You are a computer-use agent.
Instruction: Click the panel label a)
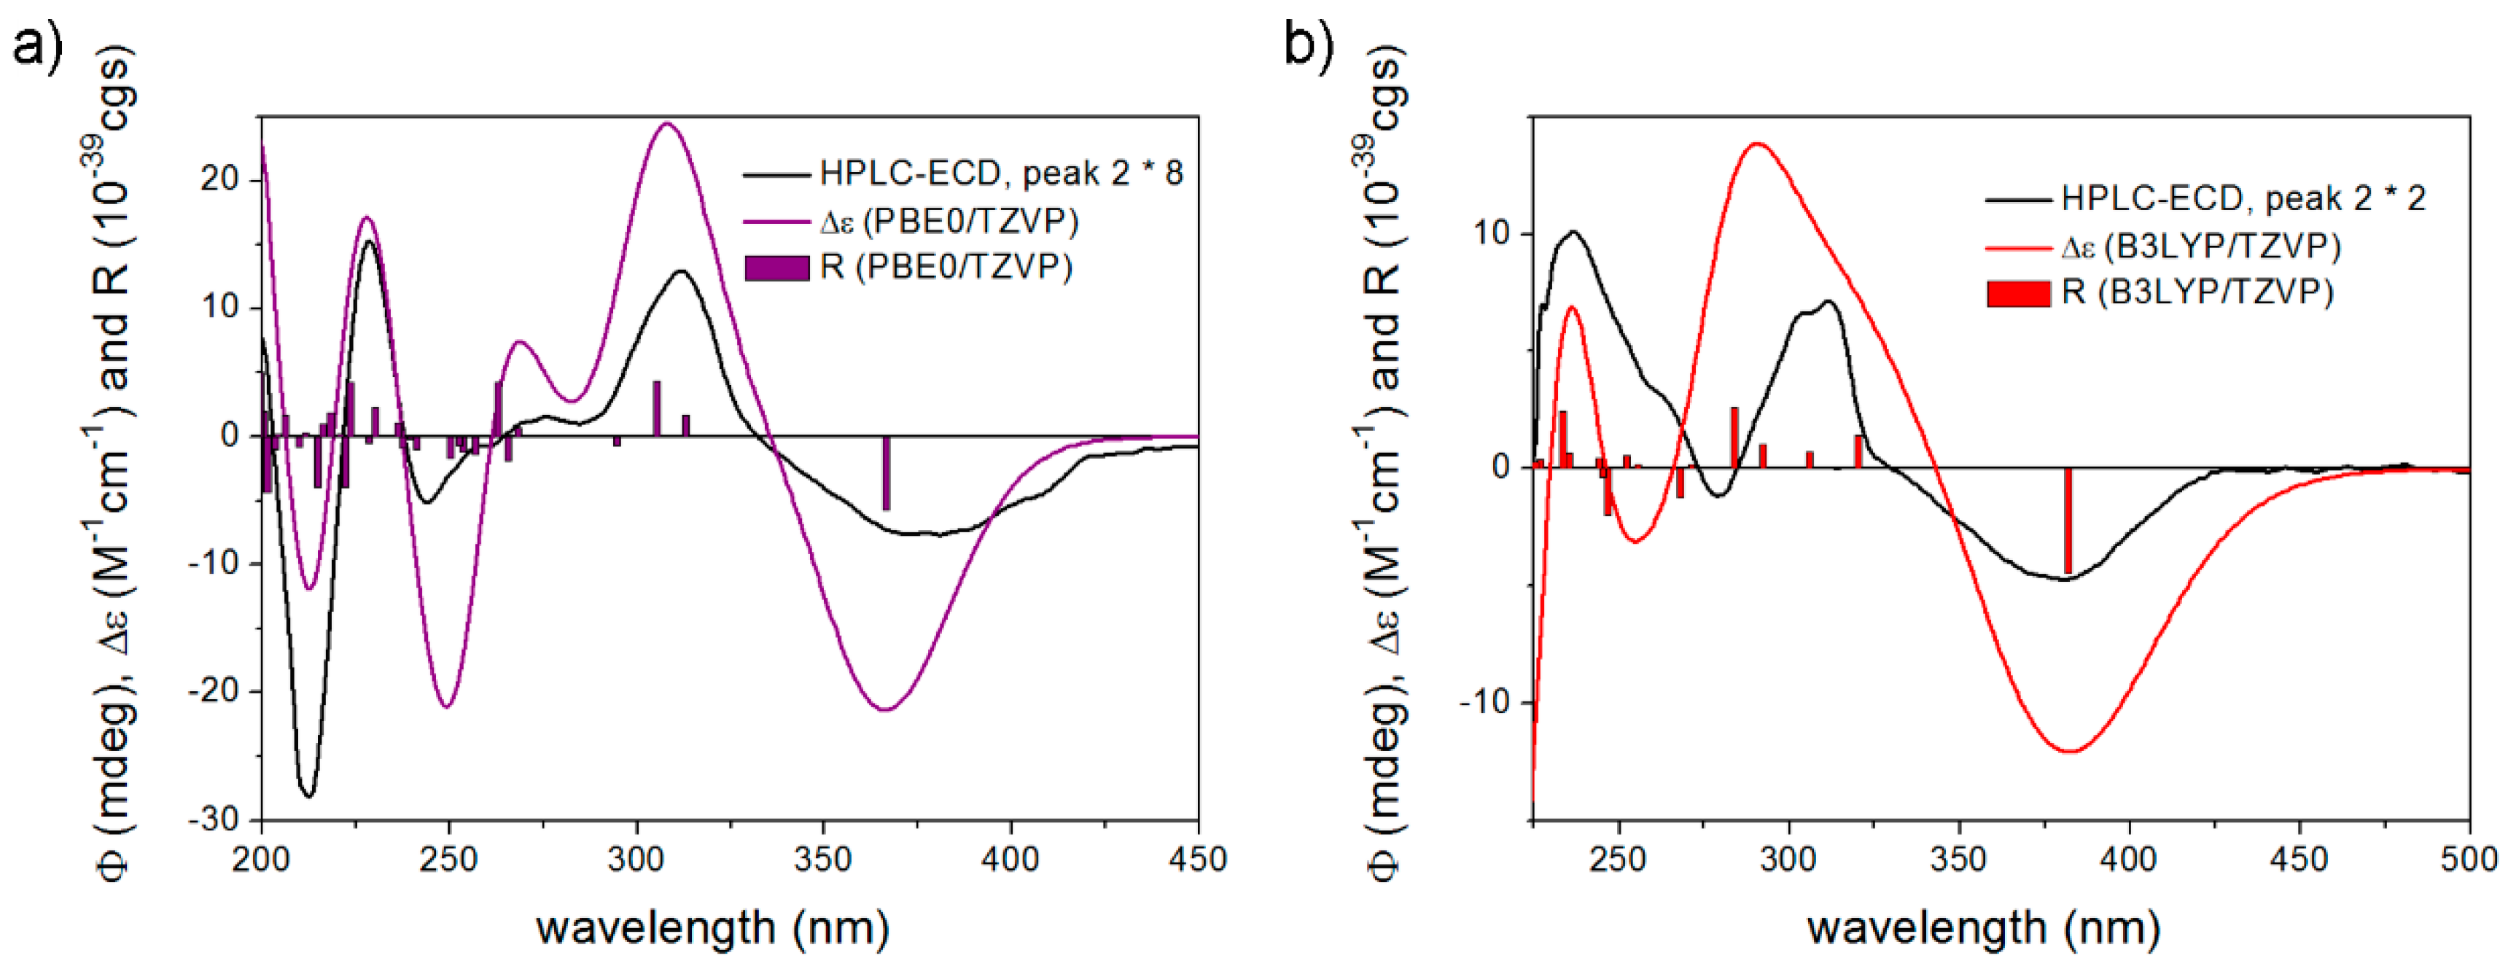coord(37,44)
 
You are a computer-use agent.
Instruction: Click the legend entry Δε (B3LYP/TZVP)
coord(2200,247)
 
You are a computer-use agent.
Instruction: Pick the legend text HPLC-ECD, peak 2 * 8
coord(1001,174)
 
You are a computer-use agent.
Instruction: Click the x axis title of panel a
coord(712,927)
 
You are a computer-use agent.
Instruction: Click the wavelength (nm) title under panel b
coord(1983,927)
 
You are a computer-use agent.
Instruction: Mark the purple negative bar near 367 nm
coord(886,473)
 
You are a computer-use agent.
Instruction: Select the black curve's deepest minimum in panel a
coord(308,796)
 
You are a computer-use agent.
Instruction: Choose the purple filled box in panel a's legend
coord(776,267)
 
